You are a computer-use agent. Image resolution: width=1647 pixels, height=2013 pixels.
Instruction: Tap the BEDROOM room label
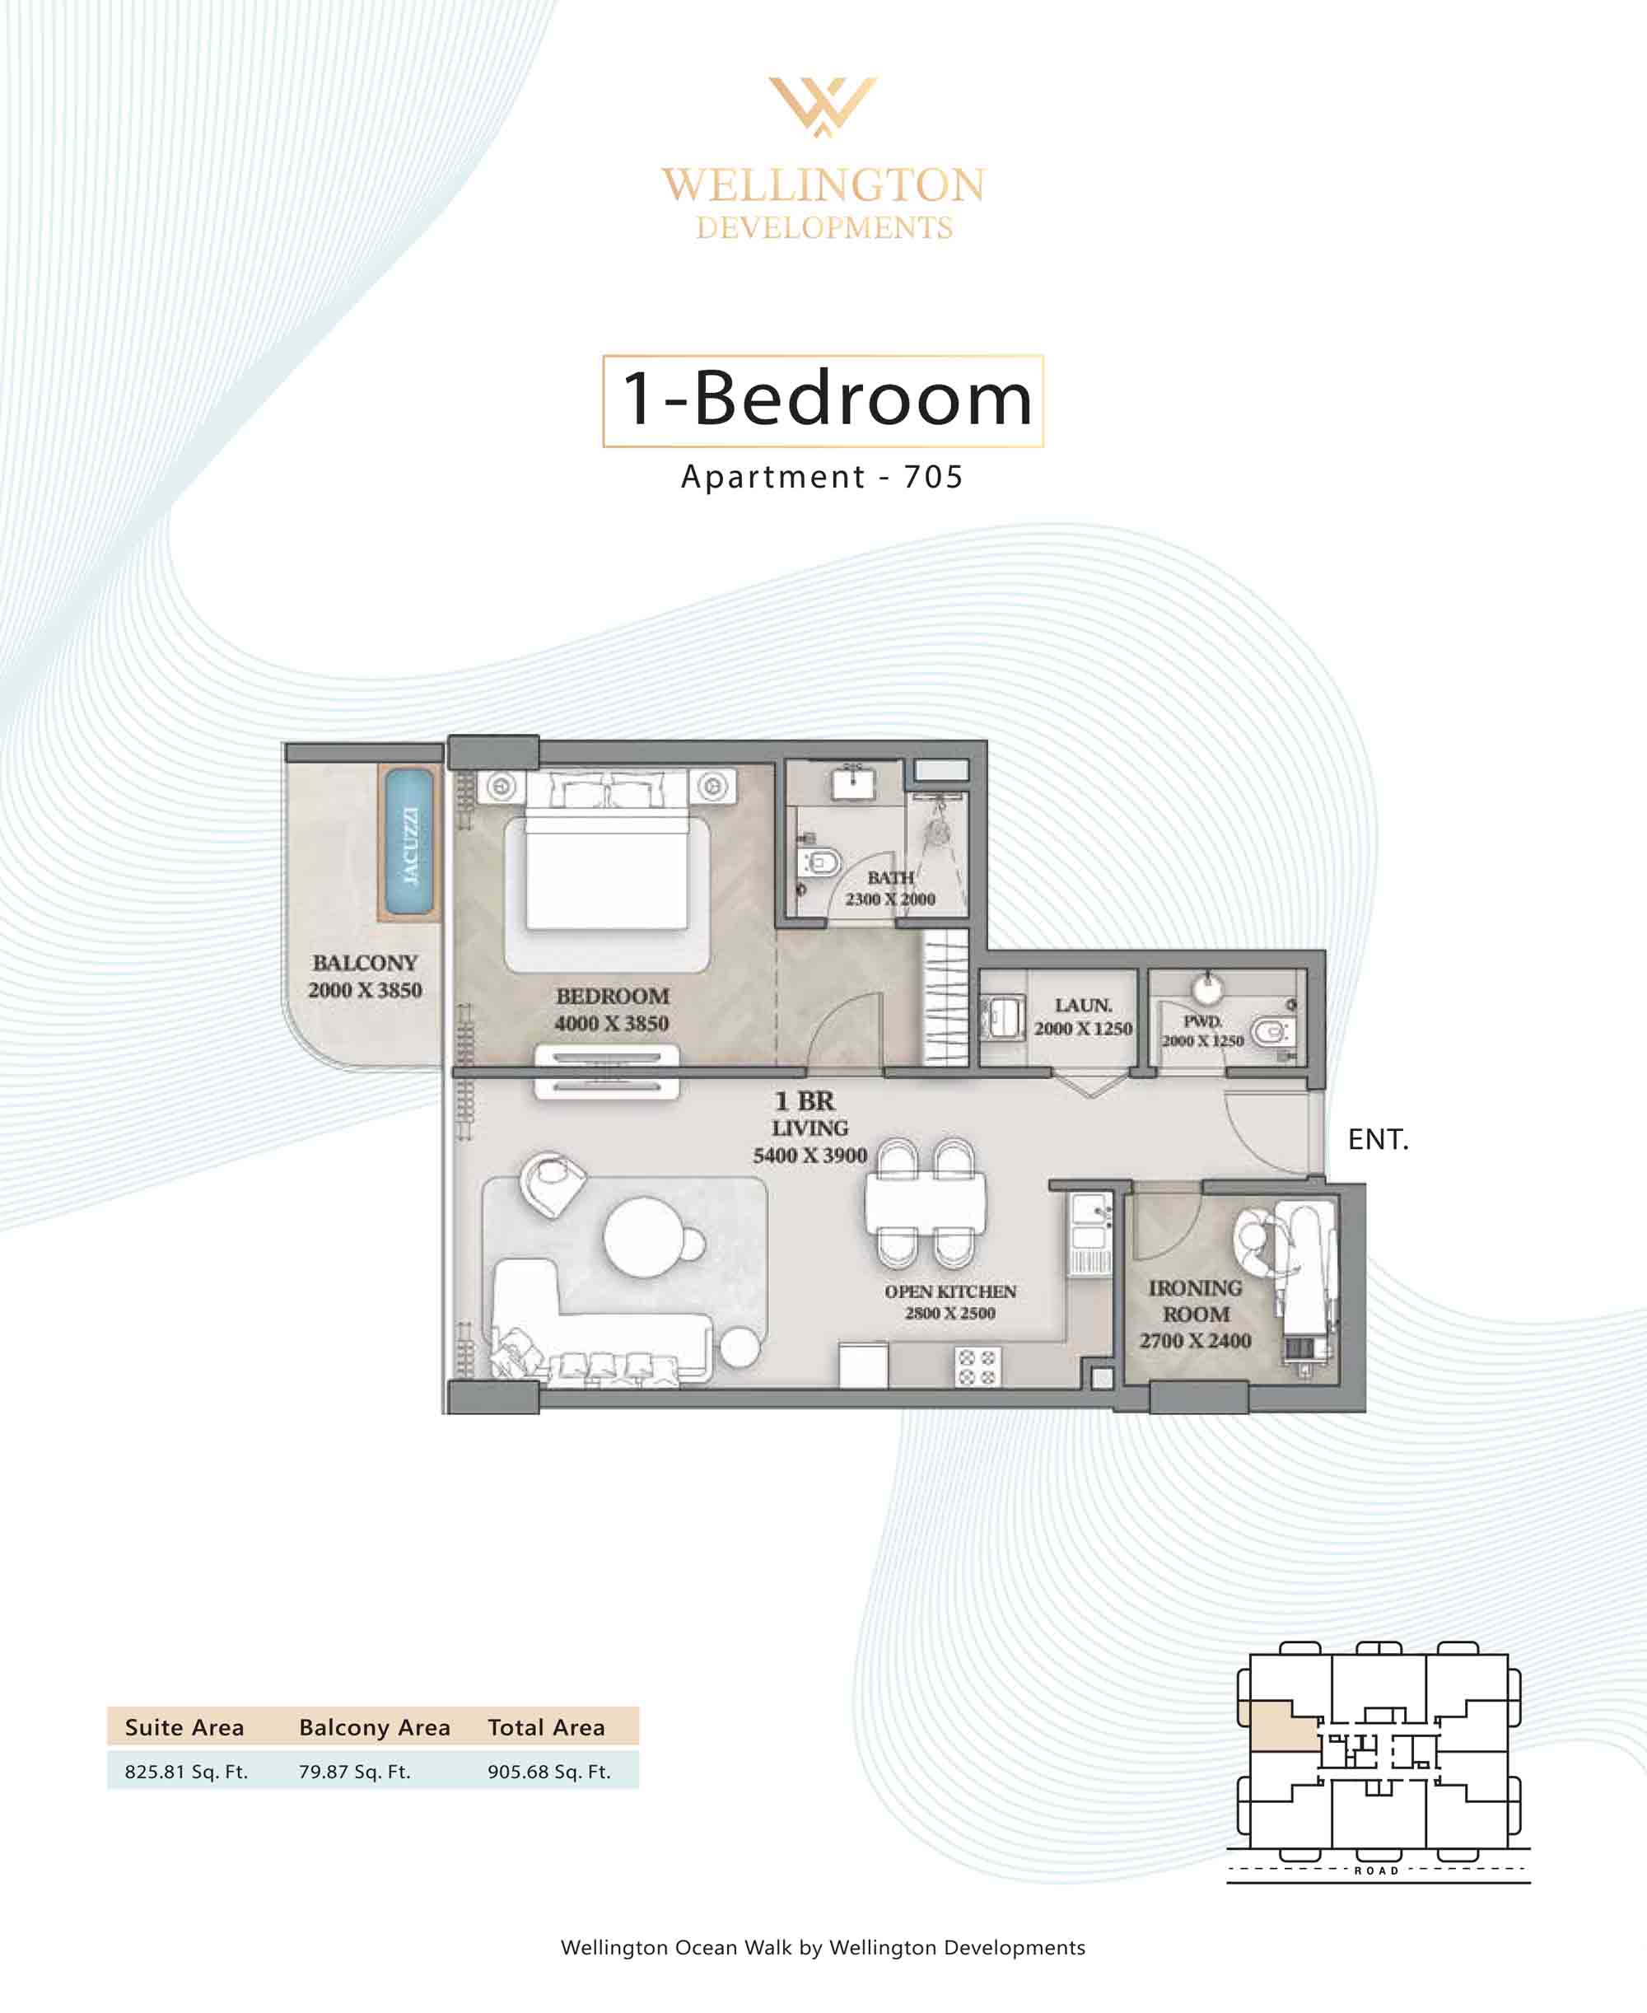coord(612,996)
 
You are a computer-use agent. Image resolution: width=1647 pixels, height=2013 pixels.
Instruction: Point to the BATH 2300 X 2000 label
coord(890,888)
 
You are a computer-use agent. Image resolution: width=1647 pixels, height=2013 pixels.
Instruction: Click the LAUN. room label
coord(1084,1005)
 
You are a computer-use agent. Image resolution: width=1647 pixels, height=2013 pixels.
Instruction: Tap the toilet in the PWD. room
coord(1271,1032)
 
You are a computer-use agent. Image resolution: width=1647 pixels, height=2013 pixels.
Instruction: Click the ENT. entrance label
coord(1378,1139)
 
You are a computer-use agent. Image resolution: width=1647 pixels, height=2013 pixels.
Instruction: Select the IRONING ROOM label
coord(1196,1301)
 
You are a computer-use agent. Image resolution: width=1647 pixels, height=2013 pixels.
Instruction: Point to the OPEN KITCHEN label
coord(949,1292)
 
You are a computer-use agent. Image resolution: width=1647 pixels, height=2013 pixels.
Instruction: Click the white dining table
coord(925,1204)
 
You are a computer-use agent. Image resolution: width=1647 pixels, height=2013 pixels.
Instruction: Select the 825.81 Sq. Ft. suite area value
coord(186,1772)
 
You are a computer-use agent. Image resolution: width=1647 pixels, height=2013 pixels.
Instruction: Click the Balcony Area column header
coord(375,1727)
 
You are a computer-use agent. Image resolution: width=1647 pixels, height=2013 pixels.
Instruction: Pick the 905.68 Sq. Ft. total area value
coord(549,1772)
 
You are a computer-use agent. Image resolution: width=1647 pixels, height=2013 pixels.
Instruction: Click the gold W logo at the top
coord(823,105)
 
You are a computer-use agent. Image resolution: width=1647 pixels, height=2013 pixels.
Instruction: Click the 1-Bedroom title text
coord(826,399)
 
